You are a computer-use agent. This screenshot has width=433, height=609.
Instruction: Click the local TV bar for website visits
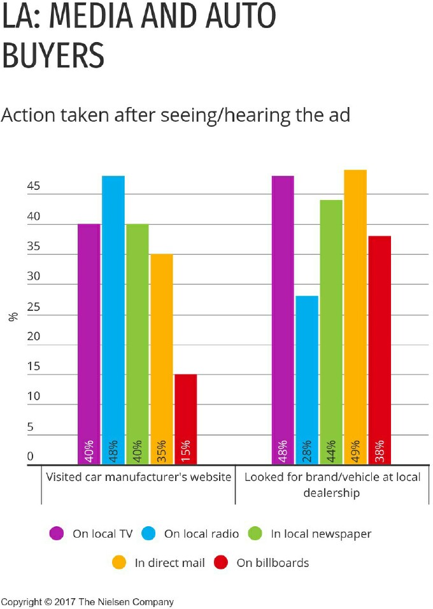click(x=89, y=344)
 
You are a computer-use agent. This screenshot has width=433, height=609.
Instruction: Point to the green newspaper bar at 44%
click(x=330, y=332)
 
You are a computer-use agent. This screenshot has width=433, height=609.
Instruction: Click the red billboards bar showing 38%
click(x=379, y=350)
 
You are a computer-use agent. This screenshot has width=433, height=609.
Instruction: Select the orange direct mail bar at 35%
click(x=161, y=359)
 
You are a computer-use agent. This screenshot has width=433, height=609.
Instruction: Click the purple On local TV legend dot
click(x=57, y=534)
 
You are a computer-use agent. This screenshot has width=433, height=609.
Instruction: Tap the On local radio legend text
click(x=201, y=534)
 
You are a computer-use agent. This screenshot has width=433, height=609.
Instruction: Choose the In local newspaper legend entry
click(x=320, y=534)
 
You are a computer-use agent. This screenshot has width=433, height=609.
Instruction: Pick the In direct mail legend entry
click(x=169, y=562)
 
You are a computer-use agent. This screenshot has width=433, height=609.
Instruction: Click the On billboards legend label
click(x=273, y=562)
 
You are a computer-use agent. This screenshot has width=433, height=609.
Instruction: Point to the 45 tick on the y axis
click(x=33, y=187)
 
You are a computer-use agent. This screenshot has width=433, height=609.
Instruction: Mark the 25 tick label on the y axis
click(x=33, y=306)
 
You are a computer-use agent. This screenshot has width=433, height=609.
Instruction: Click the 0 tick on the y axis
click(x=30, y=456)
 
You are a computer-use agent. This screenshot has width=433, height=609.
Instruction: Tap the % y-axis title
click(x=13, y=316)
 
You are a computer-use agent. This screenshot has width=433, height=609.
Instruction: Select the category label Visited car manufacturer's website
click(x=138, y=477)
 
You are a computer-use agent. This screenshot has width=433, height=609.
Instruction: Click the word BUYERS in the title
click(x=53, y=57)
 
